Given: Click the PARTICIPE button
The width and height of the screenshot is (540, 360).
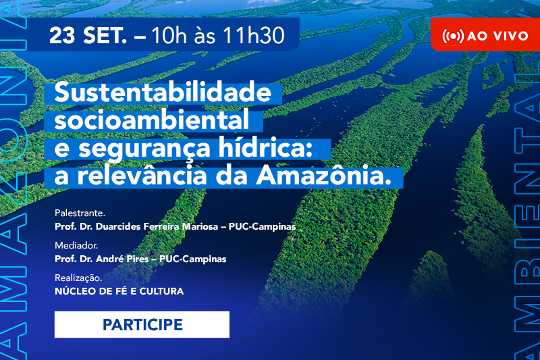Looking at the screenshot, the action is [x=142, y=324].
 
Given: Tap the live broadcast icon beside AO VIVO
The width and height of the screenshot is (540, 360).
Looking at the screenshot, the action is [x=453, y=36].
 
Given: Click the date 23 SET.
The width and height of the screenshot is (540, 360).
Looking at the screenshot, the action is [x=88, y=35].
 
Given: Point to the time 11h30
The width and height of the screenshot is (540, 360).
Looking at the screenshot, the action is [x=254, y=35].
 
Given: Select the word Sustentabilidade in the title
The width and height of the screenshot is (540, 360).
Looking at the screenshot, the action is [x=163, y=92].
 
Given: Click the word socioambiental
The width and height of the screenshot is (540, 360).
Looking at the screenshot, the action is [x=151, y=120].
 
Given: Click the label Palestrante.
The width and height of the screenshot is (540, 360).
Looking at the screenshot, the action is [x=80, y=213].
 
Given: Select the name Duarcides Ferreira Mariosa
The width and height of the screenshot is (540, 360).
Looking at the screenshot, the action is [x=157, y=227].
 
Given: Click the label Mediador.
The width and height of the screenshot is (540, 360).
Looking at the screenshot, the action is [x=76, y=245].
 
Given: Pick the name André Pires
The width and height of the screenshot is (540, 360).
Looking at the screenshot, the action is [x=122, y=259].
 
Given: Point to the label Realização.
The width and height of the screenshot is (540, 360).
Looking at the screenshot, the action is [x=78, y=278].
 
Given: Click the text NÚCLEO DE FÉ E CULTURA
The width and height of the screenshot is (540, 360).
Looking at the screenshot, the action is [x=119, y=291].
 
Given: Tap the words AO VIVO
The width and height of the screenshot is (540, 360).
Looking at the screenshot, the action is [x=497, y=36].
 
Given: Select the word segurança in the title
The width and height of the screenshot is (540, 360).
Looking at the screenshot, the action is [x=144, y=148].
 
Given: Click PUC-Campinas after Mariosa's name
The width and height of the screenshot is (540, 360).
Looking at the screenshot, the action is [x=262, y=227].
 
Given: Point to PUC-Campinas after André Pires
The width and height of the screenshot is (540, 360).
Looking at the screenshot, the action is [x=192, y=259].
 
